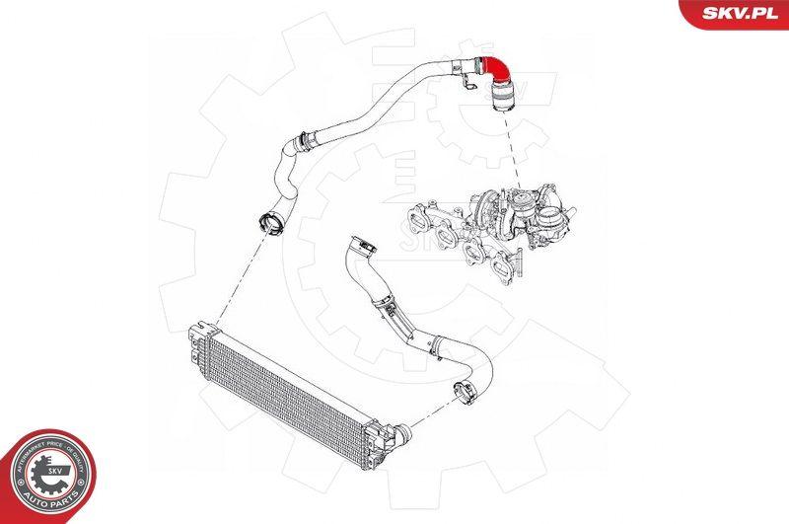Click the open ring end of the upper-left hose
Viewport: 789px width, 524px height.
coord(267,219)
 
